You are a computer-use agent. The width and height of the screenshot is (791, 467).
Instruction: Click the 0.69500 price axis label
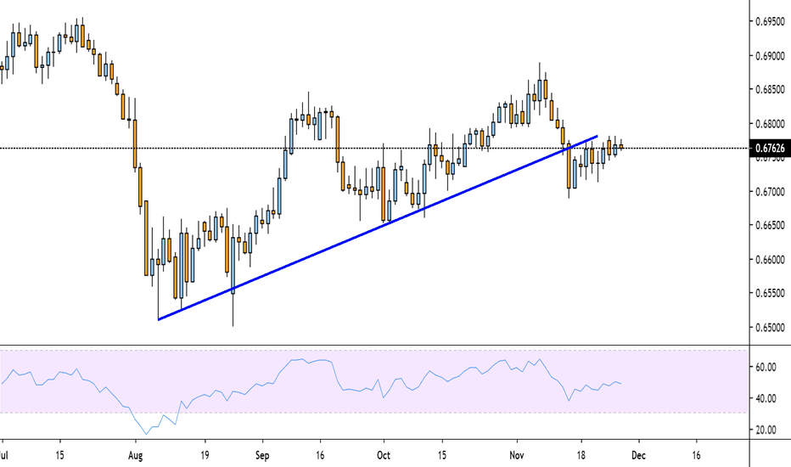click(769, 21)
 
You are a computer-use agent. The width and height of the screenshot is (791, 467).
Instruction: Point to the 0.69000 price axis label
click(769, 55)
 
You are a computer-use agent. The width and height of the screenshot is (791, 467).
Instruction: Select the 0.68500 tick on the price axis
click(769, 89)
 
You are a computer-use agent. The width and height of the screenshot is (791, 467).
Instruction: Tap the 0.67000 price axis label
click(769, 191)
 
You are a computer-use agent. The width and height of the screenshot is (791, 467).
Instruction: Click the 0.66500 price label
click(769, 225)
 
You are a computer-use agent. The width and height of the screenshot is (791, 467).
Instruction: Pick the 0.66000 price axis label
click(769, 259)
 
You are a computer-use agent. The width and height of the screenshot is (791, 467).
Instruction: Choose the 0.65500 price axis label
click(769, 293)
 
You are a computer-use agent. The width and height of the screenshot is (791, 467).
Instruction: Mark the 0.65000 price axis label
click(769, 327)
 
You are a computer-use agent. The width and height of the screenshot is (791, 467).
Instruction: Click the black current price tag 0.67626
click(769, 149)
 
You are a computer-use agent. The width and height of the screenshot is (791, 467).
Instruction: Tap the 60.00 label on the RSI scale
click(766, 367)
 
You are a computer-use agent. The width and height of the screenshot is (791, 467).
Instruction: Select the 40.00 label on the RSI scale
click(766, 398)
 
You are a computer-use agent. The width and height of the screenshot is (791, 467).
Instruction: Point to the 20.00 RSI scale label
click(766, 430)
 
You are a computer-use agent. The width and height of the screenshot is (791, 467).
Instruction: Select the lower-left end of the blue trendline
click(159, 319)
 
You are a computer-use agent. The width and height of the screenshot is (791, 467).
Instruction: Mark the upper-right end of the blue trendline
click(598, 136)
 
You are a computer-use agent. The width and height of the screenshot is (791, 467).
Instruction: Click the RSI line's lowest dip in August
click(146, 434)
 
